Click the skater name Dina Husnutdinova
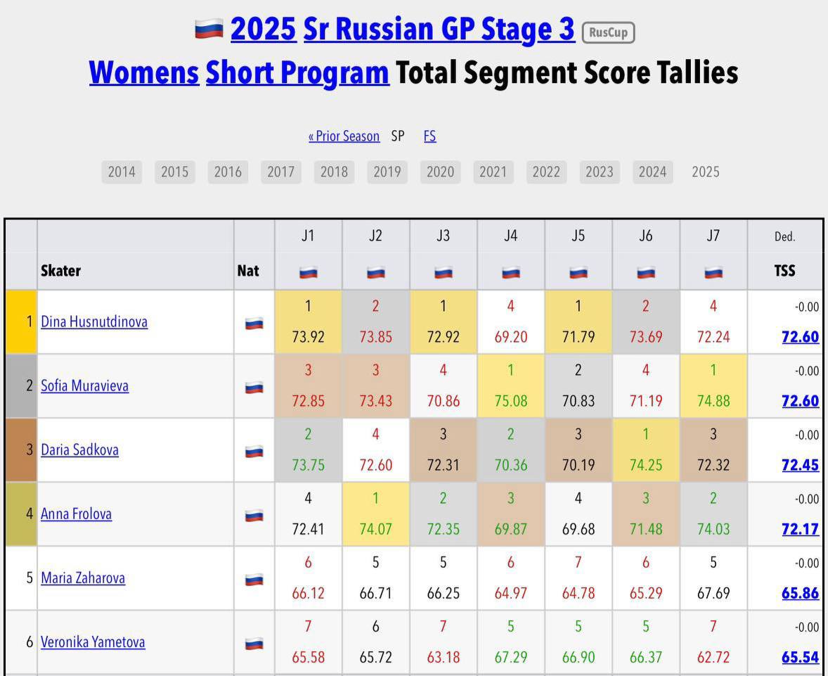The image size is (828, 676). coord(94,322)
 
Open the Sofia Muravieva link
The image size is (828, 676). coord(84,386)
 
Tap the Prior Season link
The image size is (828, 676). coord(344,136)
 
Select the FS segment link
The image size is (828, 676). coord(429,136)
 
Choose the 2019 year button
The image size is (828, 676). coord(387,172)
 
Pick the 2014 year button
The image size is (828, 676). coord(122,172)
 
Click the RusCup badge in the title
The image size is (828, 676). coord(608,32)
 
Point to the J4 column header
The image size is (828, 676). coord(510,236)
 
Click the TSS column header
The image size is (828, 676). coord(784,271)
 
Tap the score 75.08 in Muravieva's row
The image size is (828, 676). coord(510,401)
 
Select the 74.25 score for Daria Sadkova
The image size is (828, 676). coord(645,465)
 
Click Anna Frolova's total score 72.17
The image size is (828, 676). coord(800,529)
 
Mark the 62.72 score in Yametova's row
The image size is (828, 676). coord(713,657)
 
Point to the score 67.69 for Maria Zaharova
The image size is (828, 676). coord(713,593)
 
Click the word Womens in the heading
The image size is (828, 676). coord(144,73)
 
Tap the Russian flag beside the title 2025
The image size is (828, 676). coord(209,29)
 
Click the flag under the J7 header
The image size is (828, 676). coord(713,272)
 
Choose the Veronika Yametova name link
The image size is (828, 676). coord(93,642)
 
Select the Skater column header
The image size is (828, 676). coord(60,271)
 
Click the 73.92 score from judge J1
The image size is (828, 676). coord(308,337)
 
